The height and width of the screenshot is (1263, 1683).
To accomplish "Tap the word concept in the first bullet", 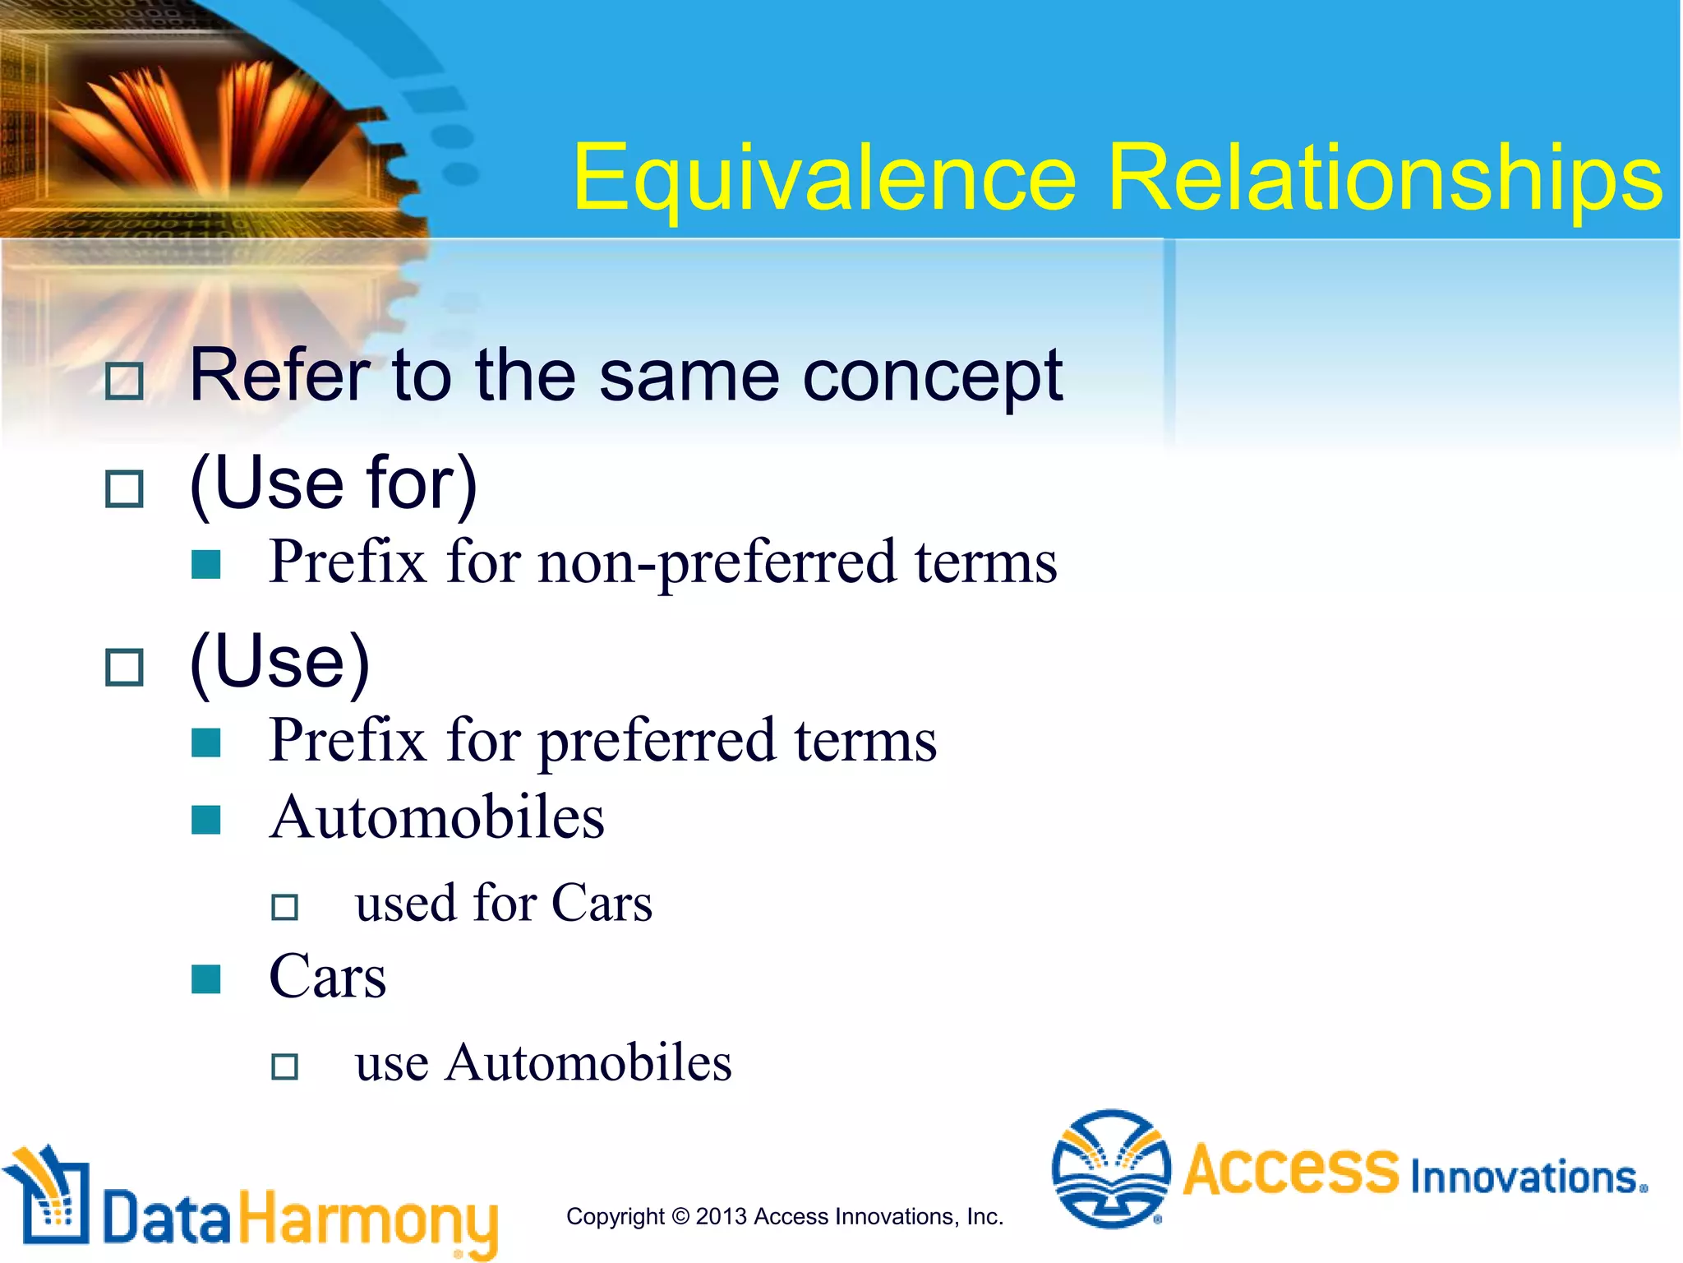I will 932,377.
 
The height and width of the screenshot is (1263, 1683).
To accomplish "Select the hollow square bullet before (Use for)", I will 125,489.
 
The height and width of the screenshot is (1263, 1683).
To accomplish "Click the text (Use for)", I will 334,483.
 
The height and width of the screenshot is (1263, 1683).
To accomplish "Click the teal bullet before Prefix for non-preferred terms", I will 205,565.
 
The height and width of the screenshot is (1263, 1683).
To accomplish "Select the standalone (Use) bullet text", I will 279,662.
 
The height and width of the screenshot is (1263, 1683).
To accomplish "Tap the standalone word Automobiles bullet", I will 436,818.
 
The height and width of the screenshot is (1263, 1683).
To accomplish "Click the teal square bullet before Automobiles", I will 205,820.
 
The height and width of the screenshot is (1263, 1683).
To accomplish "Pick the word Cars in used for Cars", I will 602,904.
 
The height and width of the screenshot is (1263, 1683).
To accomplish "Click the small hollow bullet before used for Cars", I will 284,908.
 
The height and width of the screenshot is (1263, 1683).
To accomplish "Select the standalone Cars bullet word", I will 327,977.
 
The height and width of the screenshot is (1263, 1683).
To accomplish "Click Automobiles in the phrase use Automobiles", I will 588,1063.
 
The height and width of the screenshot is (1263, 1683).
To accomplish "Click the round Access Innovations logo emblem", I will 1111,1168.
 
